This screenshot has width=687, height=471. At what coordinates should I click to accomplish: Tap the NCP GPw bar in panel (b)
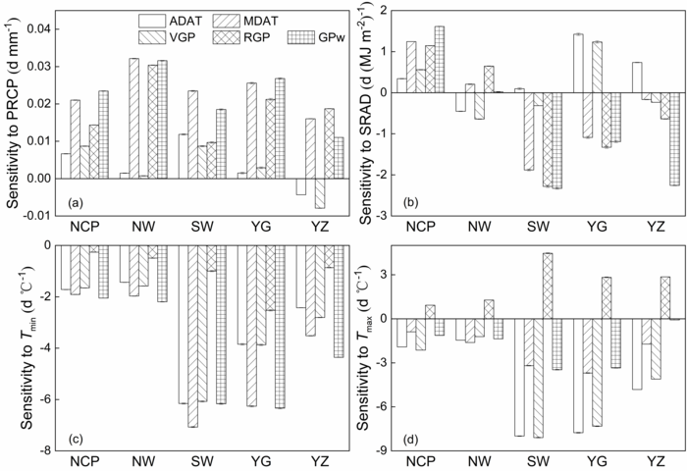click(439, 59)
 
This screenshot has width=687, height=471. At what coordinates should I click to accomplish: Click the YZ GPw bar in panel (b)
click(674, 138)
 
